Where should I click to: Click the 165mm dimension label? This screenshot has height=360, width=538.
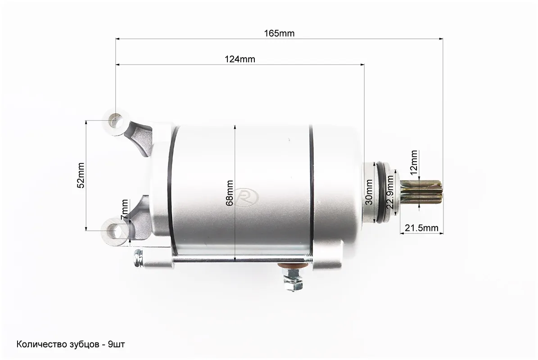click(x=279, y=33)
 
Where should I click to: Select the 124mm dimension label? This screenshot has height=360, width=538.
click(x=240, y=59)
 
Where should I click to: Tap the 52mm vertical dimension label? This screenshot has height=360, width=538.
click(x=81, y=175)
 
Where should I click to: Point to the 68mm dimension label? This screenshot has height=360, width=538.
click(x=230, y=193)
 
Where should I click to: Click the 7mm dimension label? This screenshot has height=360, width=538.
click(x=125, y=210)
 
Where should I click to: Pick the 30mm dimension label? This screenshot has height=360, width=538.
click(x=369, y=192)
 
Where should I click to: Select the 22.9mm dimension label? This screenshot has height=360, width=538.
click(x=390, y=192)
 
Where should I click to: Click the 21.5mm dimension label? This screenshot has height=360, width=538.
click(x=421, y=228)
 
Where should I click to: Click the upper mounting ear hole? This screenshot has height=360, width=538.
click(x=116, y=121)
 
